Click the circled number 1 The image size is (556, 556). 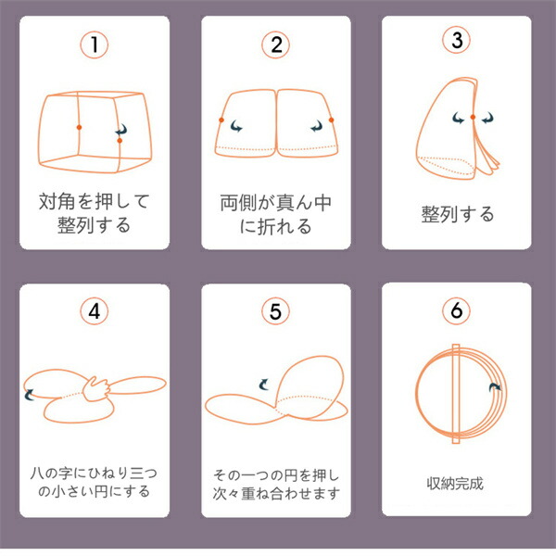tap(94, 44)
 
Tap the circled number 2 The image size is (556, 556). tap(275, 45)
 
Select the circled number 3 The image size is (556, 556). tap(456, 40)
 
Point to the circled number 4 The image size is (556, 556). tap(94, 311)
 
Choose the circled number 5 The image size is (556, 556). tap(275, 311)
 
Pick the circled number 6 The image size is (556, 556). tap(456, 310)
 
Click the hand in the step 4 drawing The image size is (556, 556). tap(96, 389)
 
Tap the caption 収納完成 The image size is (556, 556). tap(455, 484)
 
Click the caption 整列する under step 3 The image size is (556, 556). tap(457, 214)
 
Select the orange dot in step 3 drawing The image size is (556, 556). tap(473, 117)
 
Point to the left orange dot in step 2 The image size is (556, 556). tap(221, 120)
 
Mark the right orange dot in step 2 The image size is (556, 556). tap(331, 120)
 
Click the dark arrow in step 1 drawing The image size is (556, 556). tap(121, 130)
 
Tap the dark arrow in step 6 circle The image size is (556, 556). tap(495, 387)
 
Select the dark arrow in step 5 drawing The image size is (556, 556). tap(264, 384)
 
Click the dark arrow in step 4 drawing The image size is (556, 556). tap(29, 395)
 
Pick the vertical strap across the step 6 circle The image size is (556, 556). tap(456, 394)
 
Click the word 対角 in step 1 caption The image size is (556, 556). tap(57, 201)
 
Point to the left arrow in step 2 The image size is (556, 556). tap(236, 126)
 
